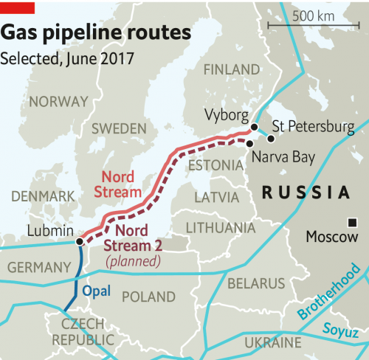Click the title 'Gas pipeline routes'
[x=96, y=33]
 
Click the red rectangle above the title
[x=17, y=7]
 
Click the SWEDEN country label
[x=119, y=128]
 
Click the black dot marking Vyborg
[x=253, y=127]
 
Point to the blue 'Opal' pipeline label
[x=96, y=291]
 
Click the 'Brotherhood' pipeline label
[x=331, y=293]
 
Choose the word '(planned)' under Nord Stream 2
[x=133, y=261]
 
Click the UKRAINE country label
[x=273, y=343]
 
